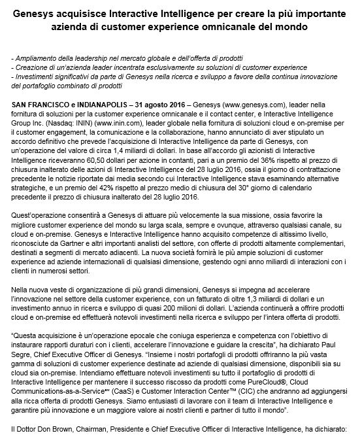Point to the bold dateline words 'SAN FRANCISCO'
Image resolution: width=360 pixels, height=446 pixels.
(x=39, y=105)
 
